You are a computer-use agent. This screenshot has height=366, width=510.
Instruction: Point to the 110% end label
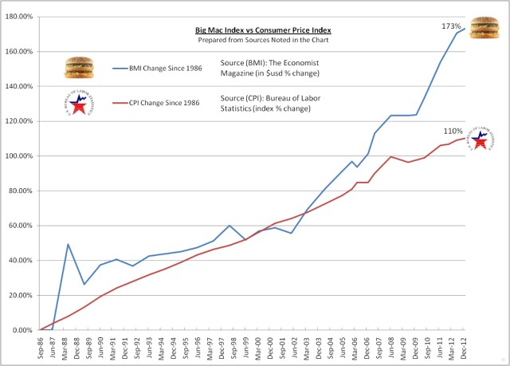(453, 131)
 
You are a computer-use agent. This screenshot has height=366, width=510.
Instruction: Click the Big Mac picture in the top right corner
(485, 29)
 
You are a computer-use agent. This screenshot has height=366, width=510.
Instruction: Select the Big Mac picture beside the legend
(78, 68)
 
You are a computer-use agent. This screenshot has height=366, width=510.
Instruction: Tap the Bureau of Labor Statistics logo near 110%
(481, 140)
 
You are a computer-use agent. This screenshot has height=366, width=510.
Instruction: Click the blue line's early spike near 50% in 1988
(68, 244)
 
